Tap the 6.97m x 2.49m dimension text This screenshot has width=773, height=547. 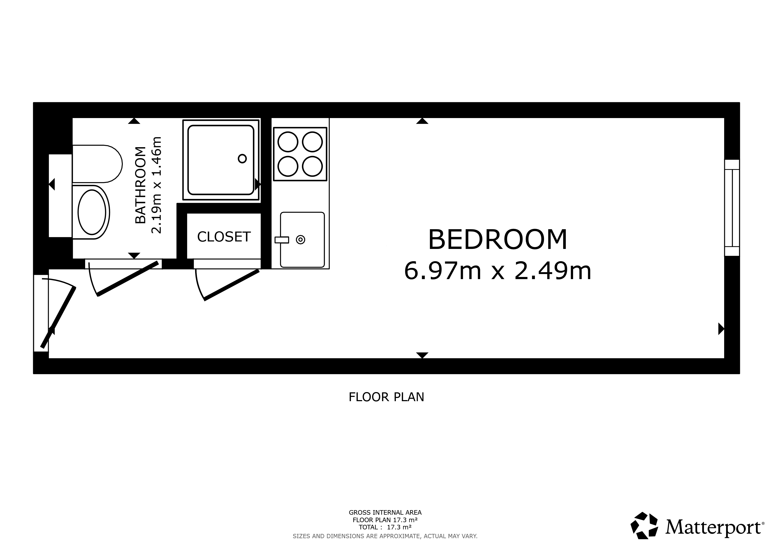pos(498,271)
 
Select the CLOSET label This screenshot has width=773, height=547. pos(224,237)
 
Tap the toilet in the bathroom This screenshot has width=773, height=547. pos(97,164)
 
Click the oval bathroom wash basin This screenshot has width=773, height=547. pos(92,212)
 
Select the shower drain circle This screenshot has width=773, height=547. pos(242,159)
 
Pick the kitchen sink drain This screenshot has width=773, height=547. pos(300,240)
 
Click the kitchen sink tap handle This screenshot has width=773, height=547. pos(282,240)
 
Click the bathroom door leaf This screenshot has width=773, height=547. pos(128,279)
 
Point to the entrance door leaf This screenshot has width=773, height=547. pos(58,317)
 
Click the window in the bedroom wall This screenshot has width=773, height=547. pos(732,208)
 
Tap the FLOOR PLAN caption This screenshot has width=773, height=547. pos(386,397)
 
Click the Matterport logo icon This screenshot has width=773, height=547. pos(644,525)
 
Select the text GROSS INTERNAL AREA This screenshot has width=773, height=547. pos(385,513)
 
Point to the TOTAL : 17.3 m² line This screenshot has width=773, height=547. pos(385,528)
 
